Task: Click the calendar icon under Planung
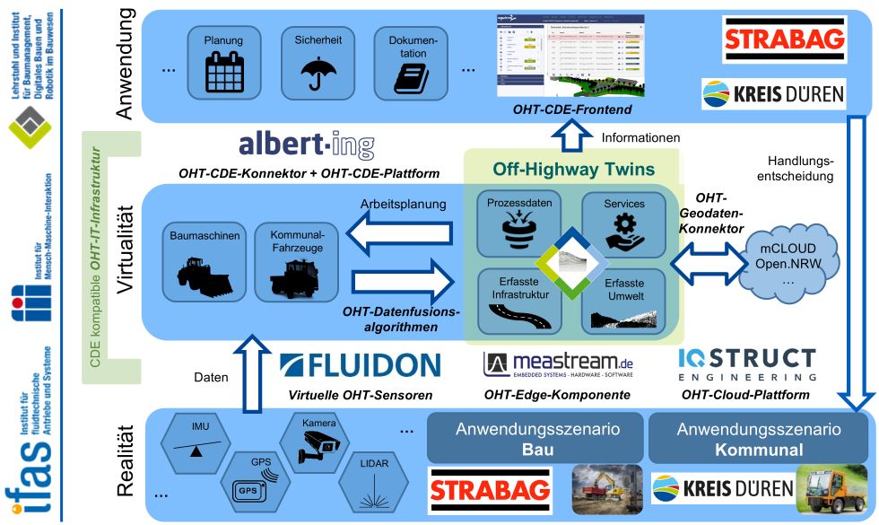pos(223,73)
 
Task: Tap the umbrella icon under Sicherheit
pos(313,73)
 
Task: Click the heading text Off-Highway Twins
pos(572,169)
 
